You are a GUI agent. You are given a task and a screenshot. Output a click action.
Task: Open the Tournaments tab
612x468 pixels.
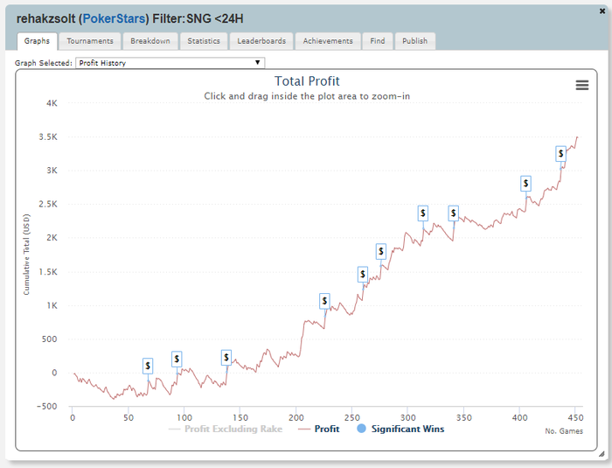[90, 41]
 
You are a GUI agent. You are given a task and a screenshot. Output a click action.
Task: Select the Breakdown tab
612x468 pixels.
[150, 41]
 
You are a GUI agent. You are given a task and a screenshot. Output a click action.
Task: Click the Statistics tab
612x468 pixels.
[204, 41]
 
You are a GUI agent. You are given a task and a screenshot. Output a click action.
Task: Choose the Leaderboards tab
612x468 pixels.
[261, 41]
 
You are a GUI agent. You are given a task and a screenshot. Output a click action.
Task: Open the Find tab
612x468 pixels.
[377, 41]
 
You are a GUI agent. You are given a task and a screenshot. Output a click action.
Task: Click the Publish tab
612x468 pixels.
[414, 41]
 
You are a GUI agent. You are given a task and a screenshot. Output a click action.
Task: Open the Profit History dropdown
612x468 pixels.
[170, 63]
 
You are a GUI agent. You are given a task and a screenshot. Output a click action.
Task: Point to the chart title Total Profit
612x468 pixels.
[307, 81]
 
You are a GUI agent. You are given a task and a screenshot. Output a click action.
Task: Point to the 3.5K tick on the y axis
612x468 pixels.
[47, 136]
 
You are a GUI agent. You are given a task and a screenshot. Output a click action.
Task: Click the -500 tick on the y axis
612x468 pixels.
[47, 407]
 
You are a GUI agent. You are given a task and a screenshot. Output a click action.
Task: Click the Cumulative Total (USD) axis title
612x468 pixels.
[26, 254]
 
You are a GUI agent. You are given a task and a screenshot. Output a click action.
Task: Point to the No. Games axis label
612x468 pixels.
[563, 431]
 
